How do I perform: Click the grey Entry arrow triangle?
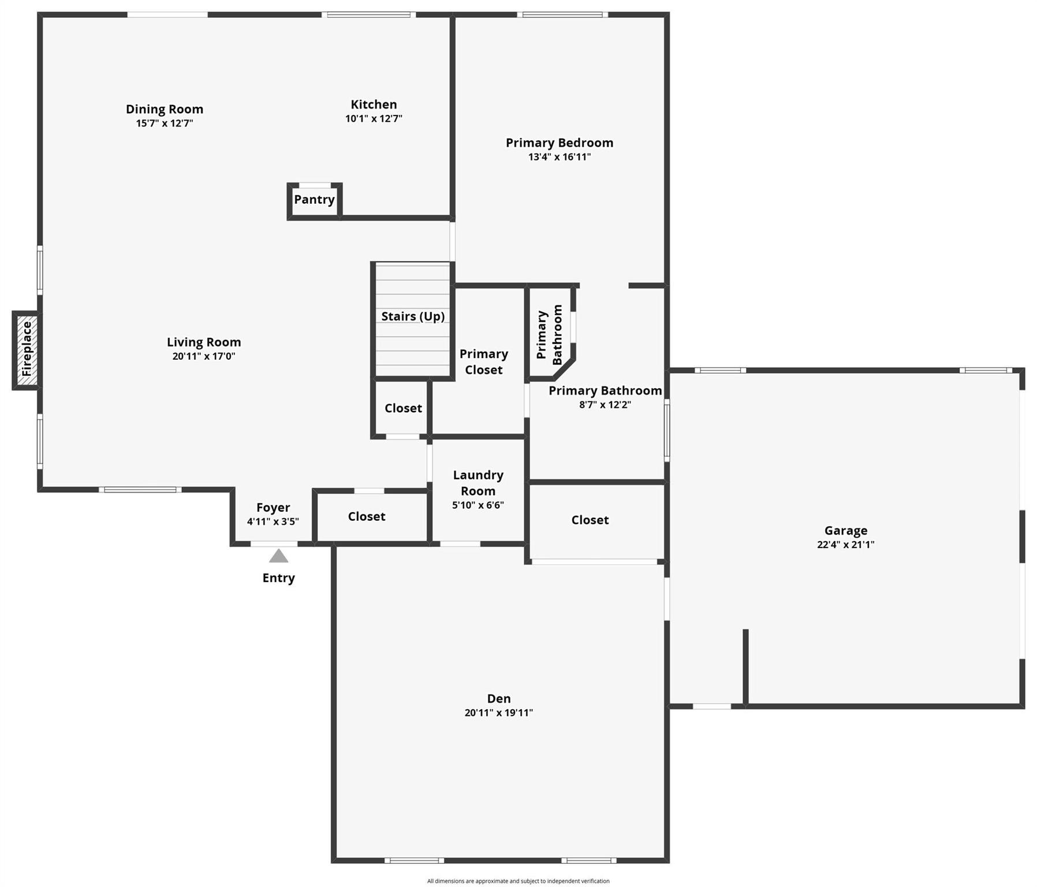click(x=278, y=556)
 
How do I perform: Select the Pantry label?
click(x=314, y=200)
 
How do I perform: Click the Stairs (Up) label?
click(x=412, y=316)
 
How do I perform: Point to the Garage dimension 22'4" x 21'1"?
click(x=845, y=545)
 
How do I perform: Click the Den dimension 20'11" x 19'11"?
click(x=498, y=713)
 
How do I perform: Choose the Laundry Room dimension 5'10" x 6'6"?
click(x=478, y=505)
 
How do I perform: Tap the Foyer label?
click(x=273, y=508)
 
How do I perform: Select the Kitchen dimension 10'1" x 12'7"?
click(x=374, y=119)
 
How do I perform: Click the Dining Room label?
click(x=165, y=109)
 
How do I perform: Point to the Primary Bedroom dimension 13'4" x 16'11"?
click(x=559, y=157)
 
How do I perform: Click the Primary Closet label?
click(x=483, y=362)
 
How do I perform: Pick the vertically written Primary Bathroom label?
click(x=549, y=335)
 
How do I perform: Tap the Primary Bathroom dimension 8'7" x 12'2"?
click(x=605, y=405)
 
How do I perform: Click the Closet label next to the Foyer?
click(x=366, y=517)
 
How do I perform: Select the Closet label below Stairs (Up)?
click(x=403, y=408)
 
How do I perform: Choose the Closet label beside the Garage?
click(x=590, y=520)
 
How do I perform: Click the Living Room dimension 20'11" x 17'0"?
click(x=203, y=356)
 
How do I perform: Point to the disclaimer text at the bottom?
click(x=518, y=881)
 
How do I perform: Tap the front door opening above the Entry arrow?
click(x=274, y=544)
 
